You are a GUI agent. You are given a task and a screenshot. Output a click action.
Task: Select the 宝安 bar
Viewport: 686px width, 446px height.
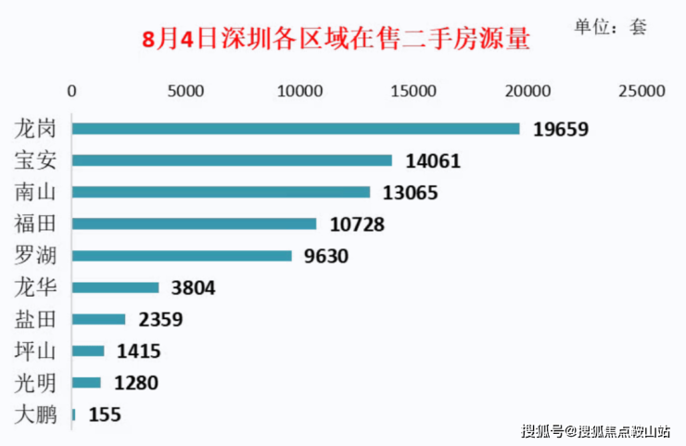click(232, 160)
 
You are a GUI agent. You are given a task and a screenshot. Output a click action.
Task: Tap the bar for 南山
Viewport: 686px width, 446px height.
click(221, 192)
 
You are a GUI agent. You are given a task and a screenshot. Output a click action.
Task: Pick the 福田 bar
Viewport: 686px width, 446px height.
click(194, 223)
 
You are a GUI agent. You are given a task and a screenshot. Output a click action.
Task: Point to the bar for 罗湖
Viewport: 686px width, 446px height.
click(182, 256)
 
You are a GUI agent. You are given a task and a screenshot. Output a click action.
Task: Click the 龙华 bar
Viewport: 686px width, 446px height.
click(116, 287)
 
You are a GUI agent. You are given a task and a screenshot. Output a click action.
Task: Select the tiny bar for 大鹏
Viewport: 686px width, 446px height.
click(73, 414)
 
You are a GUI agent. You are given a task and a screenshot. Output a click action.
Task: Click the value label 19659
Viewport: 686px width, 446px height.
click(561, 129)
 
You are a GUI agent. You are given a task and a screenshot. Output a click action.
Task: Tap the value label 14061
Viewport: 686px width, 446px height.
click(433, 161)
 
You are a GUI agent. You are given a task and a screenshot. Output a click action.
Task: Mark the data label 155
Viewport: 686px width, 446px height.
click(105, 414)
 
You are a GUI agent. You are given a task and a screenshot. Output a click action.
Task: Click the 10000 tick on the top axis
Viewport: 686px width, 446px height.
click(300, 91)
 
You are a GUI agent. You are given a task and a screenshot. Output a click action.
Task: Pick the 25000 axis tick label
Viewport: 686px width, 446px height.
click(642, 91)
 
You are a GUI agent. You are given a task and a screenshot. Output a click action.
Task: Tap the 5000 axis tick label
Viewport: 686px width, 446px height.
click(186, 91)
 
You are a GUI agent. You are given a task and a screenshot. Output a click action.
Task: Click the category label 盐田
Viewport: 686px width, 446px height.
click(36, 320)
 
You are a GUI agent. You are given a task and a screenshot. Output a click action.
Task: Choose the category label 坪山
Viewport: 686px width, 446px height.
click(36, 351)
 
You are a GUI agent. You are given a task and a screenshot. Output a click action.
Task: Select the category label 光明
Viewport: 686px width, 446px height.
click(36, 383)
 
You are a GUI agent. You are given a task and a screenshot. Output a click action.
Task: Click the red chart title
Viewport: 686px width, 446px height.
click(337, 41)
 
